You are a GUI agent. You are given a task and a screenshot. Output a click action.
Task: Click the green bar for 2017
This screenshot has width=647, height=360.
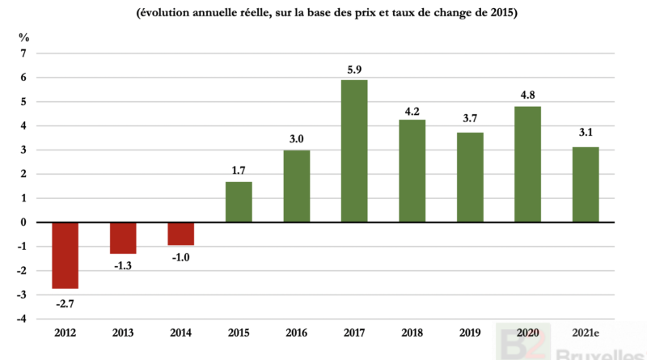[354, 150]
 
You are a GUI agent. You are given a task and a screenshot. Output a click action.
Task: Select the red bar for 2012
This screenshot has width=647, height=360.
[66, 255]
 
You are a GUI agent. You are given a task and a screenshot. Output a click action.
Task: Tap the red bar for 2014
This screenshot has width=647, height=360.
[181, 233]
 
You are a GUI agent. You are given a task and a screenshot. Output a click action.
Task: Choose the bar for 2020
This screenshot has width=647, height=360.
[527, 164]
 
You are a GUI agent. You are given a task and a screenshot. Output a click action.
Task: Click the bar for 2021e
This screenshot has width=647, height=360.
[586, 184]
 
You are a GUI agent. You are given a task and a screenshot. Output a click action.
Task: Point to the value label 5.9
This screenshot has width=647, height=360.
[354, 70]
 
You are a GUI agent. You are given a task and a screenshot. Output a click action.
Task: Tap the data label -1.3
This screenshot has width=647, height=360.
[123, 265]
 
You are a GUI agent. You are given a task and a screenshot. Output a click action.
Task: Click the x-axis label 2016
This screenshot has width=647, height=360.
[297, 333]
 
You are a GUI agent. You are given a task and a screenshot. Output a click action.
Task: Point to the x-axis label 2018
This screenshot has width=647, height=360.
[412, 333]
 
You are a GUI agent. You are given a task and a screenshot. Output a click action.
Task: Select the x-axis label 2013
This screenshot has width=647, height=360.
[123, 333]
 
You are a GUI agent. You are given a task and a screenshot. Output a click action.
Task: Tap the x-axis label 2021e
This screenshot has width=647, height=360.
[586, 333]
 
